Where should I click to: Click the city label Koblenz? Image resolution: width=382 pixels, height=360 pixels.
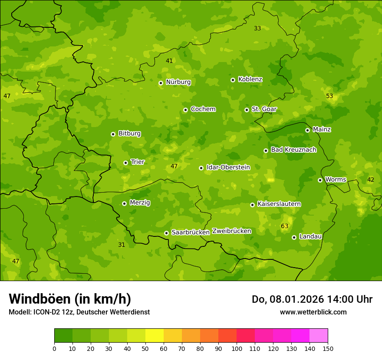pos(250,79)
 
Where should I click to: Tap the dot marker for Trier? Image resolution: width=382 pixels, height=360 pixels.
pos(126,163)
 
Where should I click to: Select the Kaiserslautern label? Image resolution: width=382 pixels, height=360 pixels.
pos(279,204)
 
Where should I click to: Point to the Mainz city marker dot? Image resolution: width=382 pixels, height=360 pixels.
pos(307,130)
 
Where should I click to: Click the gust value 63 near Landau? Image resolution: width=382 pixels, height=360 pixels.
pos(284,226)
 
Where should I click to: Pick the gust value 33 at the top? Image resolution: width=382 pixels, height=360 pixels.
pos(257,28)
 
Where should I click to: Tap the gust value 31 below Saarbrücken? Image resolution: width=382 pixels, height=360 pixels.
pos(122,245)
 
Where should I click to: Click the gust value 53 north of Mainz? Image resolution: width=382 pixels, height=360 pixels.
pos(329,96)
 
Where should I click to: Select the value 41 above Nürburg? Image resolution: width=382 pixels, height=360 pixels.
pos(169,61)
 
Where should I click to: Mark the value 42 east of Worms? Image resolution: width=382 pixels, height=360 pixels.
pos(371,180)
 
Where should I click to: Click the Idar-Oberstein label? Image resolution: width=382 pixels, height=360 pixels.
pos(228,167)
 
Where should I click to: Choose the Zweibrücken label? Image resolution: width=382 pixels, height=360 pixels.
pos(231,231)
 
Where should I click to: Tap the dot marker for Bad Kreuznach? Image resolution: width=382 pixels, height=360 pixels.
pos(266,151)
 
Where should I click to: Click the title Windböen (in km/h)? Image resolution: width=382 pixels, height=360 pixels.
pos(70,299)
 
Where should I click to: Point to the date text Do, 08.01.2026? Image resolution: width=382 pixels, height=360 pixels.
pos(281,299)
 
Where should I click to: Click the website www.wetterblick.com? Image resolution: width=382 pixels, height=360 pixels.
pos(313,312)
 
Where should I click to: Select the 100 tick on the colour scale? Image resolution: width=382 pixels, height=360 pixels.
pos(237,348)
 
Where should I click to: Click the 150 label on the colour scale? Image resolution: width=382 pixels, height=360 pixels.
pos(328,348)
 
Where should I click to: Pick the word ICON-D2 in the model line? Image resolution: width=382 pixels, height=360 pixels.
pos(46,312)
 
